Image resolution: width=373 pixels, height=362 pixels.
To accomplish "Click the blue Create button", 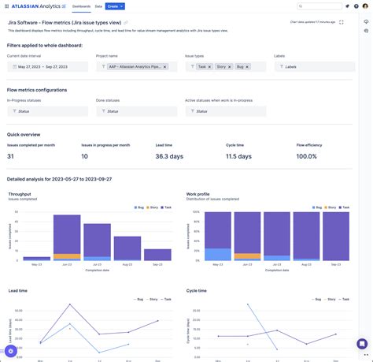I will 115,6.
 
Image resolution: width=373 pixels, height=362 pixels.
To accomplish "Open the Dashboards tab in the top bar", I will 81,6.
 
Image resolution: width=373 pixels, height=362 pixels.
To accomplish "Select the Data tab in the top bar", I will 98,6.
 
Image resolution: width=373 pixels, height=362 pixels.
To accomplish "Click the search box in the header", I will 319,6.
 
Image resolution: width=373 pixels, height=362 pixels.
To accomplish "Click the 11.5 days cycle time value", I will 238,156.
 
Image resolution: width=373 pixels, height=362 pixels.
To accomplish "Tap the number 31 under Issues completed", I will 10,156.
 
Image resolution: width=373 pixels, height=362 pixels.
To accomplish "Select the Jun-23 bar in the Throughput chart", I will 67,237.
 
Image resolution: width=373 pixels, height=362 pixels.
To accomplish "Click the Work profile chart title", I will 198,193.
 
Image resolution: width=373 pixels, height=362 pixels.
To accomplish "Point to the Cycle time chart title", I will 197,290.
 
